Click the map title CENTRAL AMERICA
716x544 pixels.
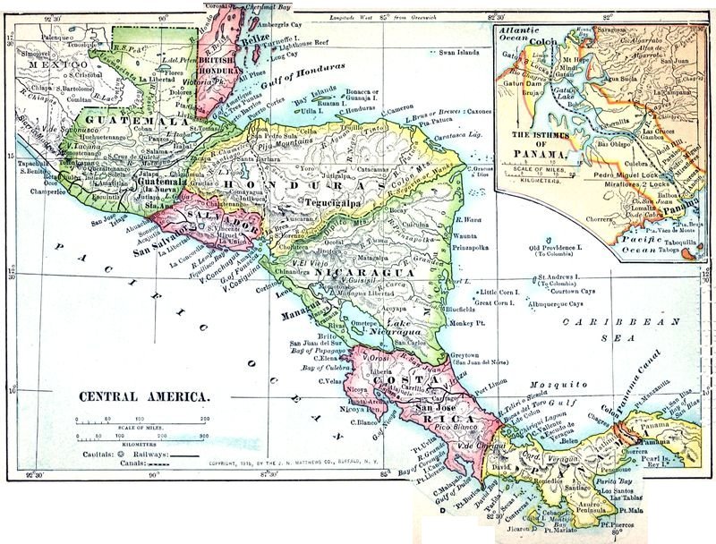[x=145, y=395]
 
